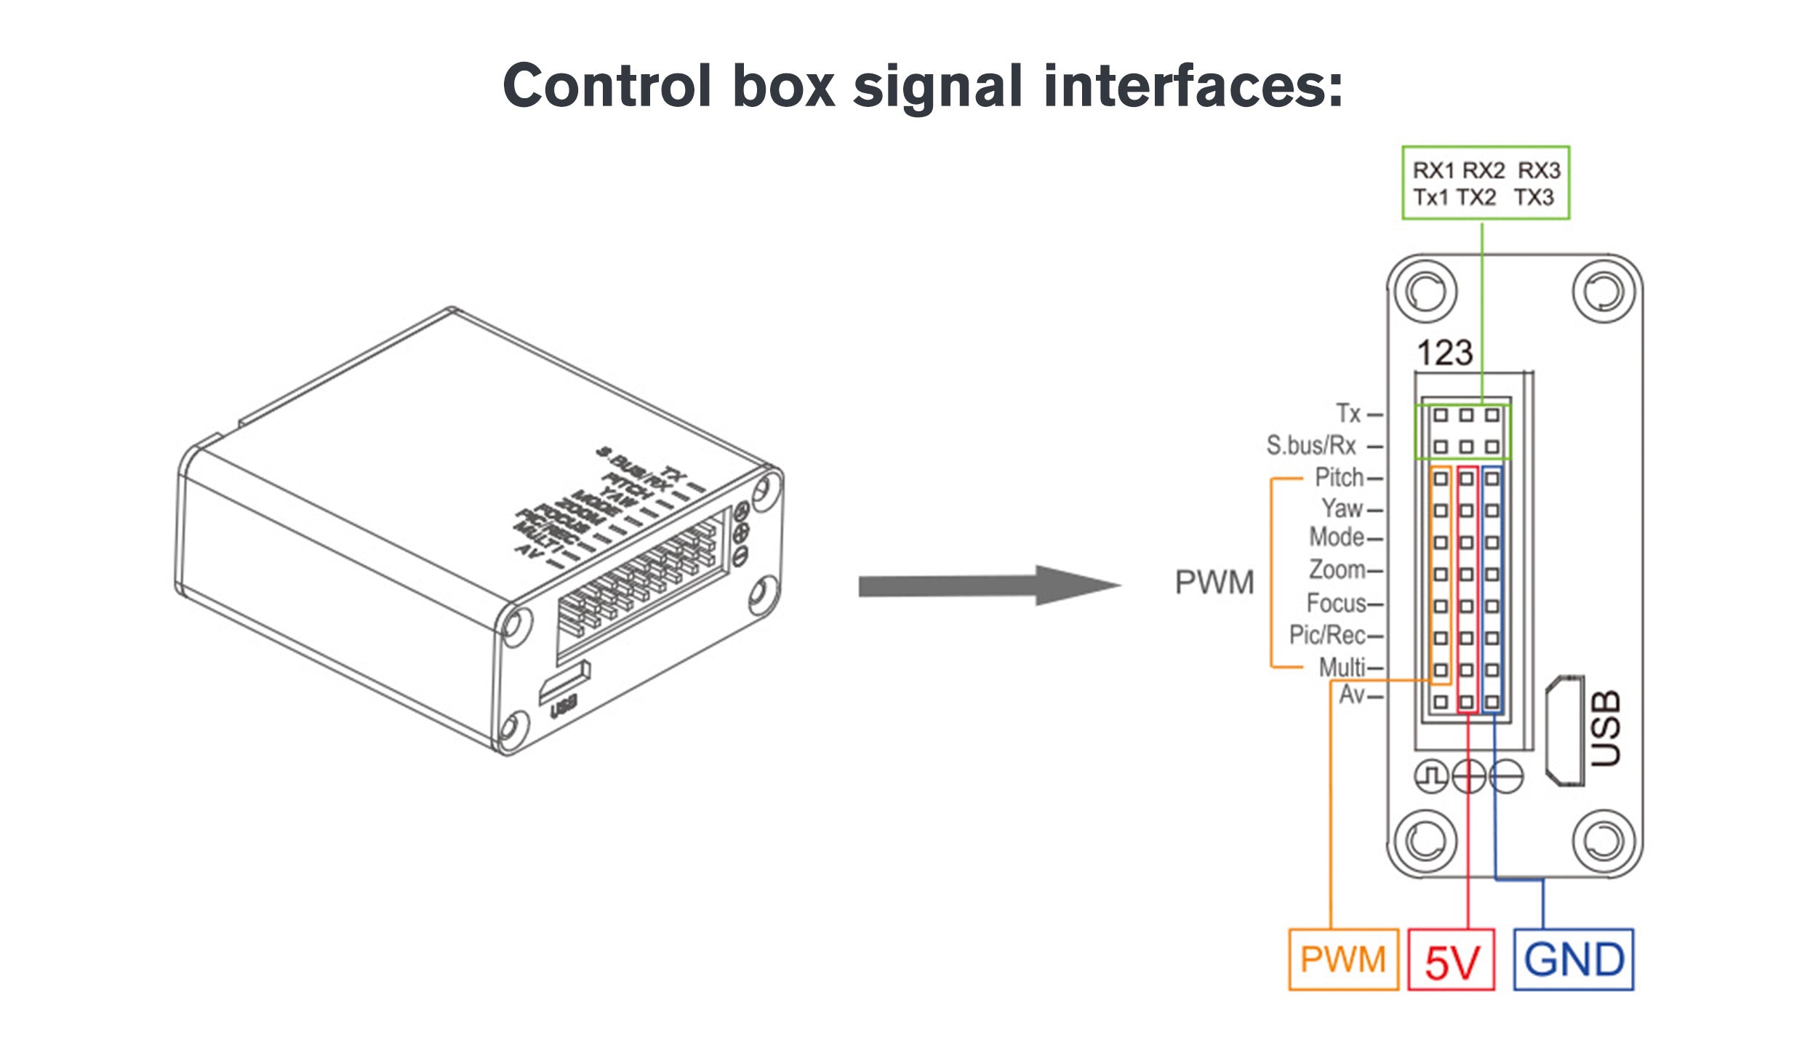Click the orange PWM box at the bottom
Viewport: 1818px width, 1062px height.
click(x=1342, y=959)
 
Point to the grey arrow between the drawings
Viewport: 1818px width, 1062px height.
click(x=989, y=586)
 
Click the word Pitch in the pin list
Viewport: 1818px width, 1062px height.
click(x=1339, y=478)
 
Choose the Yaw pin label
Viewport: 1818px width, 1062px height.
click(x=1342, y=508)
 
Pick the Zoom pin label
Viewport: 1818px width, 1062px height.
click(x=1337, y=570)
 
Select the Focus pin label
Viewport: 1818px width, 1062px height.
click(x=1336, y=603)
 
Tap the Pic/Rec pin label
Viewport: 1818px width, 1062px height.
click(x=1327, y=635)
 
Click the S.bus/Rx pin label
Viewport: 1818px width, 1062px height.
click(x=1311, y=445)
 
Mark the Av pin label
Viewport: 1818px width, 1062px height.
click(x=1352, y=695)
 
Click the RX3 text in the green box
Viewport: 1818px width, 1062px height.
click(x=1539, y=170)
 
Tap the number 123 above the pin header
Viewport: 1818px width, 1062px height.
click(x=1445, y=353)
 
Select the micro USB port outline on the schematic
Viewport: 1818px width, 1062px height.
click(x=1564, y=731)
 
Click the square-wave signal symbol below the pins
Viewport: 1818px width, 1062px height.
click(x=1430, y=777)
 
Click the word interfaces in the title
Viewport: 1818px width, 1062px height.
click(x=1193, y=85)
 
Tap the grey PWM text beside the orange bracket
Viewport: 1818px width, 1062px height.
click(x=1214, y=583)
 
